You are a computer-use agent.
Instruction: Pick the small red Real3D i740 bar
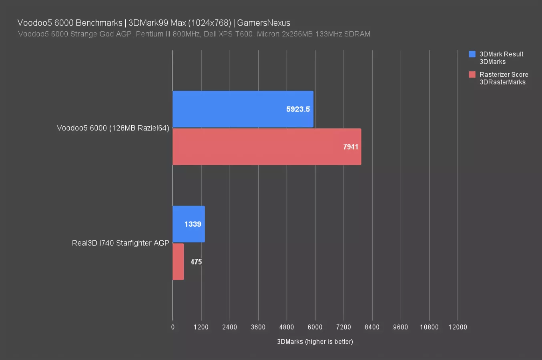[x=178, y=262]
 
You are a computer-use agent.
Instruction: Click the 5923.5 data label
[x=298, y=109]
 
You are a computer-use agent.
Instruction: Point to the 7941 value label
[x=351, y=147]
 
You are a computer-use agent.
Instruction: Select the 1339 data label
[x=193, y=224]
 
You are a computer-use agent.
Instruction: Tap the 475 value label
[x=196, y=262]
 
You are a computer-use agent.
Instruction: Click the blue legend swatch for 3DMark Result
[x=472, y=54]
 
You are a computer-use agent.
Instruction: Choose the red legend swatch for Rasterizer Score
[x=472, y=74]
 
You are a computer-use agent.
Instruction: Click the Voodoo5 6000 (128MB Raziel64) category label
[x=113, y=128]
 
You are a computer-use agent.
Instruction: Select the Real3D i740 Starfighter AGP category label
[x=120, y=243]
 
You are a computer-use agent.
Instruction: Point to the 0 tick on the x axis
[x=173, y=327]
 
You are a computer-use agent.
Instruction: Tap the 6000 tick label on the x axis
[x=315, y=327]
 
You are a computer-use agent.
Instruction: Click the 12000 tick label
[x=458, y=327]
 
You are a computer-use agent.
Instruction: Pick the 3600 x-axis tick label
[x=258, y=327]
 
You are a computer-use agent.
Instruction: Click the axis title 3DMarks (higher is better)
[x=315, y=342]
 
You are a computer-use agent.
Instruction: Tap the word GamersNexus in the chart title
[x=263, y=23]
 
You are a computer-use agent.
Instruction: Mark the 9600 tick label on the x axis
[x=400, y=327]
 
